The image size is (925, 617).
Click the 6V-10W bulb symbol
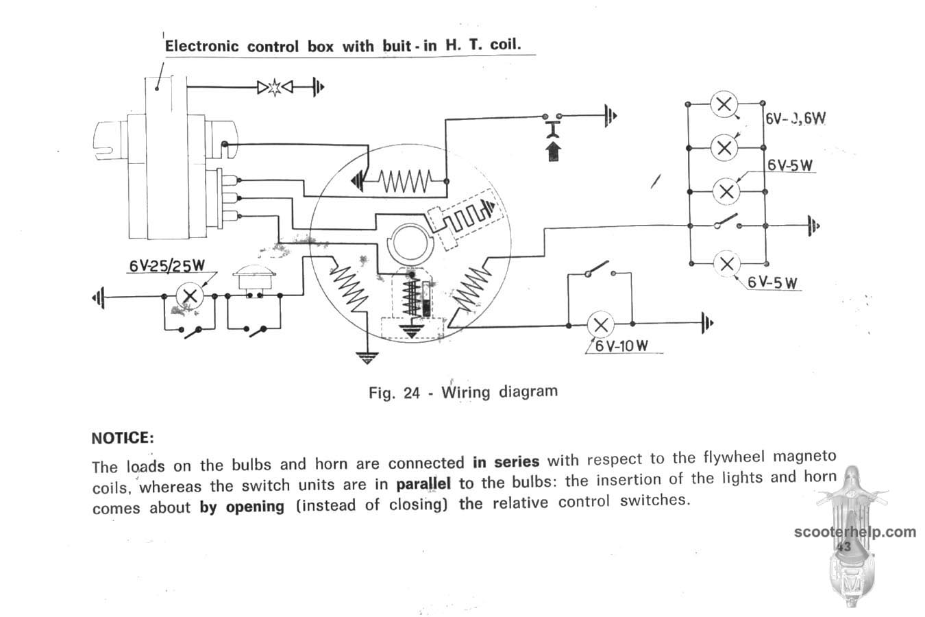602,324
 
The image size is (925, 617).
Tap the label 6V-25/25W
166,266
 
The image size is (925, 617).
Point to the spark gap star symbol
274,87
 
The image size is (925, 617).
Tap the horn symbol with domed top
250,281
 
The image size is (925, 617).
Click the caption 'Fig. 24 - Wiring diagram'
463,392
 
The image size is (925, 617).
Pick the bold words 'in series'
506,461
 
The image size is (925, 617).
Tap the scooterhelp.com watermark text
855,532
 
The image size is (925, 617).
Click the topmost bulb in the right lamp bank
724,105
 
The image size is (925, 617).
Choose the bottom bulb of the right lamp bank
727,264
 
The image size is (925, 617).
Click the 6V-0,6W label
795,118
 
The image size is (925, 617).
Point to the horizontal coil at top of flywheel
404,182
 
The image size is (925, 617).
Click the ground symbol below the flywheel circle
368,356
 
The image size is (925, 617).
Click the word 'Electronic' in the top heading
202,47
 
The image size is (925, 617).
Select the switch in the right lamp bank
727,224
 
